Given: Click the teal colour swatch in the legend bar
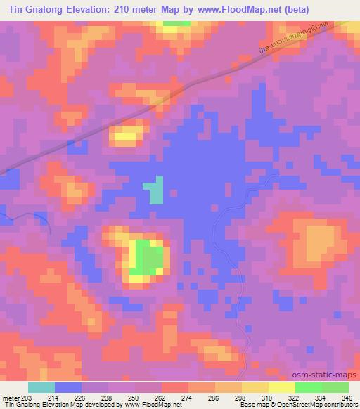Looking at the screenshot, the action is pyautogui.click(x=41, y=387).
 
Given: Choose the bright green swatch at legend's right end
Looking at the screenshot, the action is pyautogui.click(x=335, y=387).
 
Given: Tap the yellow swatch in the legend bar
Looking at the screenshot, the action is pyautogui.click(x=281, y=387).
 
